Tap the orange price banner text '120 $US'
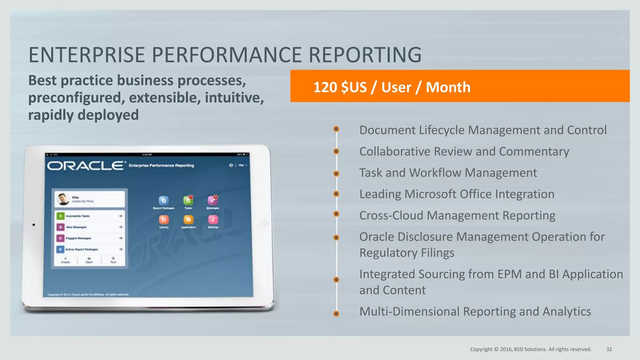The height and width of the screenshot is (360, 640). click(x=340, y=87)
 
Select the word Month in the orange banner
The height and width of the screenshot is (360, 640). click(x=448, y=87)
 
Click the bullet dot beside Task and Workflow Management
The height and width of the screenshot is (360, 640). click(x=336, y=174)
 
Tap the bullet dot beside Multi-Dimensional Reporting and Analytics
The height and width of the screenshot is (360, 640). click(x=336, y=313)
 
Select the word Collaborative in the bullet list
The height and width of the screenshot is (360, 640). click(x=395, y=152)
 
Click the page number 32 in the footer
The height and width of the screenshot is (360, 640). click(x=609, y=349)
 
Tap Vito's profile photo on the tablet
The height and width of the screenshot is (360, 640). click(x=63, y=199)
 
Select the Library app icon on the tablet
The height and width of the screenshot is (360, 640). click(x=164, y=220)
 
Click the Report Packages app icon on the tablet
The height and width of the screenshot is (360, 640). click(x=163, y=200)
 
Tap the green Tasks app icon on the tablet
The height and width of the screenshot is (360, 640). click(x=188, y=200)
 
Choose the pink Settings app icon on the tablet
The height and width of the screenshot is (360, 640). click(x=213, y=220)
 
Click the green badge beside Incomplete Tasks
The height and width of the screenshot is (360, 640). click(x=61, y=216)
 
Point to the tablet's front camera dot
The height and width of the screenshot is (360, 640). click(x=34, y=225)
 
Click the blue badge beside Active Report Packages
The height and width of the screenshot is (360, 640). click(x=61, y=249)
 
